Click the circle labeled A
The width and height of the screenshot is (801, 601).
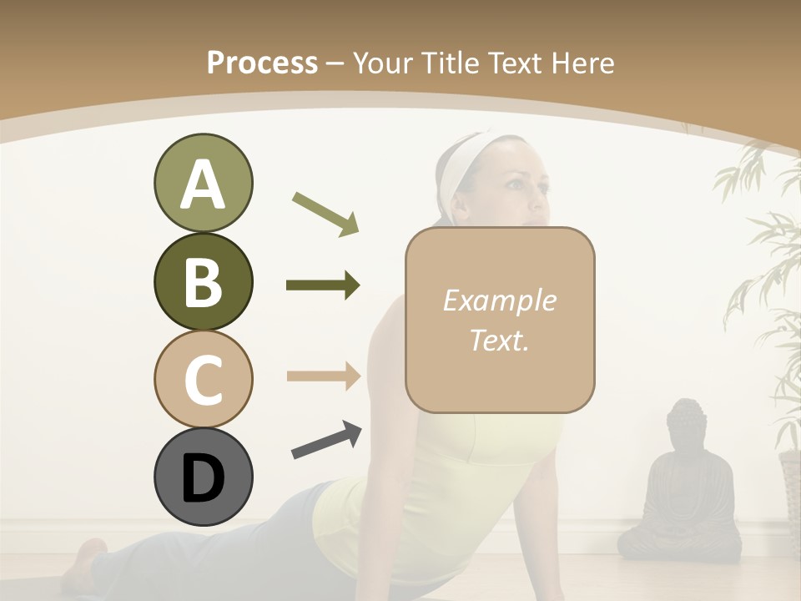(203, 184)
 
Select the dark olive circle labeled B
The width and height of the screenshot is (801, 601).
(203, 281)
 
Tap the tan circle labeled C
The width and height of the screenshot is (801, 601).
(203, 379)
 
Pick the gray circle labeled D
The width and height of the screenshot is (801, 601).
(203, 477)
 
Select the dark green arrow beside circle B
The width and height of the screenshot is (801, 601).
(323, 285)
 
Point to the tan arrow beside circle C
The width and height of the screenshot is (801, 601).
(323, 376)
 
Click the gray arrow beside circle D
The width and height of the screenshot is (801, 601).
(326, 440)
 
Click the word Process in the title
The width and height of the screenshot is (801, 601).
(262, 63)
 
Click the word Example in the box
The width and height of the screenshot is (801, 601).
(499, 300)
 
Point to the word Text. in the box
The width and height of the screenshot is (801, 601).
(499, 340)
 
